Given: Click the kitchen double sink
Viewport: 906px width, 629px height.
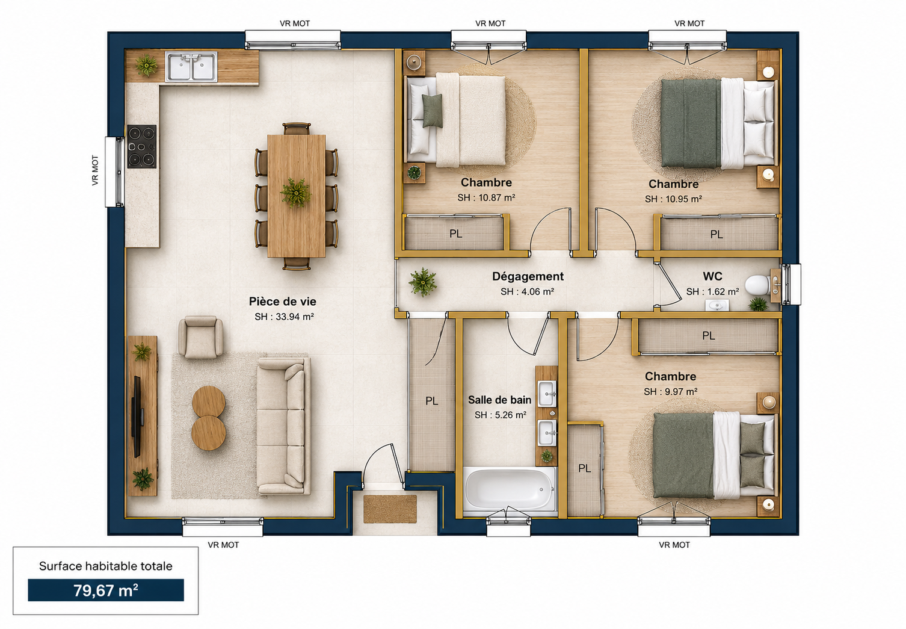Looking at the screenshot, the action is pos(191,66).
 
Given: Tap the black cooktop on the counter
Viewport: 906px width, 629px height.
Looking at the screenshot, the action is pos(141,146).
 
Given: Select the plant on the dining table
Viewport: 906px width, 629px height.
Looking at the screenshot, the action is pos(296,193).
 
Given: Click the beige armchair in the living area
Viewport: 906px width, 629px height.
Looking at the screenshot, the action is pos(200,337).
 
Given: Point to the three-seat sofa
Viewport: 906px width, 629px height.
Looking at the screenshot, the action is pos(283,426).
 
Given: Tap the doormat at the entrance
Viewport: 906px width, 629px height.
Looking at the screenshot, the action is pos(390,509).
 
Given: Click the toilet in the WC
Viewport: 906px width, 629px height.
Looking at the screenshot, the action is pos(757,285).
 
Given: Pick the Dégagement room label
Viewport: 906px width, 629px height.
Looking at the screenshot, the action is pos(528,276).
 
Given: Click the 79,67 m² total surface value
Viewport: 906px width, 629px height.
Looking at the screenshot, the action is pos(105,590).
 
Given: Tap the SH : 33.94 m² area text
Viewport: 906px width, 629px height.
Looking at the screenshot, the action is pos(285,317).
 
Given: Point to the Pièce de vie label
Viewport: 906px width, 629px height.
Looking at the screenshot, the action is pos(283,302).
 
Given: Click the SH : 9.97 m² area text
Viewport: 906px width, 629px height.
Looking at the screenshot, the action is pos(671,392).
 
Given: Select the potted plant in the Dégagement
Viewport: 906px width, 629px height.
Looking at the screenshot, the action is pos(423,282).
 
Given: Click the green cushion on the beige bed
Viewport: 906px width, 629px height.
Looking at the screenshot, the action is pos(433,111).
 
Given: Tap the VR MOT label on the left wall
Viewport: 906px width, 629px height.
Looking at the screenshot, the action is pos(95,170).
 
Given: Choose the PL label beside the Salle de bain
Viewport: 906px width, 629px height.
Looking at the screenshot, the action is pos(431,401).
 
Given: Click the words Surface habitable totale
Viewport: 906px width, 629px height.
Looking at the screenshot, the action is pos(105,566).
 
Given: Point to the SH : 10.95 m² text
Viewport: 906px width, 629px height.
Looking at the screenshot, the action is pos(673,199).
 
